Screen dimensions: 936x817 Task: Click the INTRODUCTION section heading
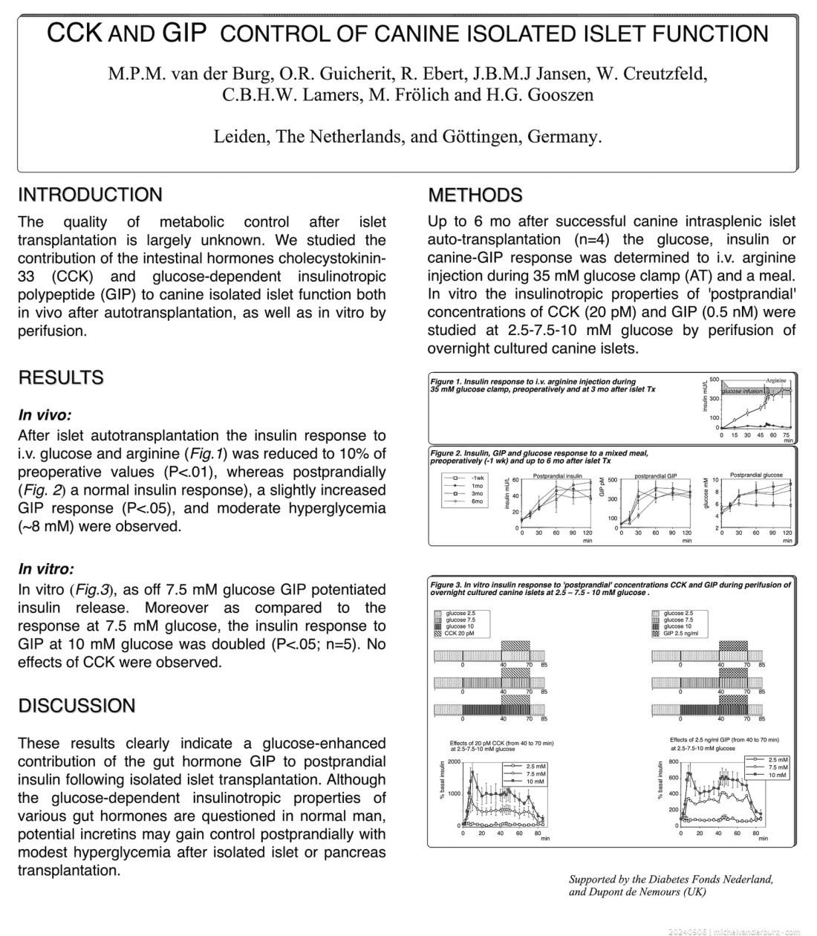[x=90, y=195]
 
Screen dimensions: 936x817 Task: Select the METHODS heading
[x=475, y=195]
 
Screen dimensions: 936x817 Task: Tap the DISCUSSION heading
[x=77, y=706]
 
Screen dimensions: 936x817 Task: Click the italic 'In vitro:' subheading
[x=46, y=570]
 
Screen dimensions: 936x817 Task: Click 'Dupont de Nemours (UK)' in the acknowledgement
[x=637, y=892]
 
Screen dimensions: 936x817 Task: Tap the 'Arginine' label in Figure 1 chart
[x=776, y=380]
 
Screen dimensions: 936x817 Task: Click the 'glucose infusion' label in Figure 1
[x=742, y=390]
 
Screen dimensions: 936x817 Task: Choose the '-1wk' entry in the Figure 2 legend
[x=474, y=477]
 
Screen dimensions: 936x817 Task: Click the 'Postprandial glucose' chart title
[x=756, y=475]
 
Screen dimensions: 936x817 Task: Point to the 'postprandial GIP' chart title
[x=656, y=476]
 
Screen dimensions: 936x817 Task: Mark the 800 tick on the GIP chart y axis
[x=674, y=762]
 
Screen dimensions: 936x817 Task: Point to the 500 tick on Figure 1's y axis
[x=714, y=380]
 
